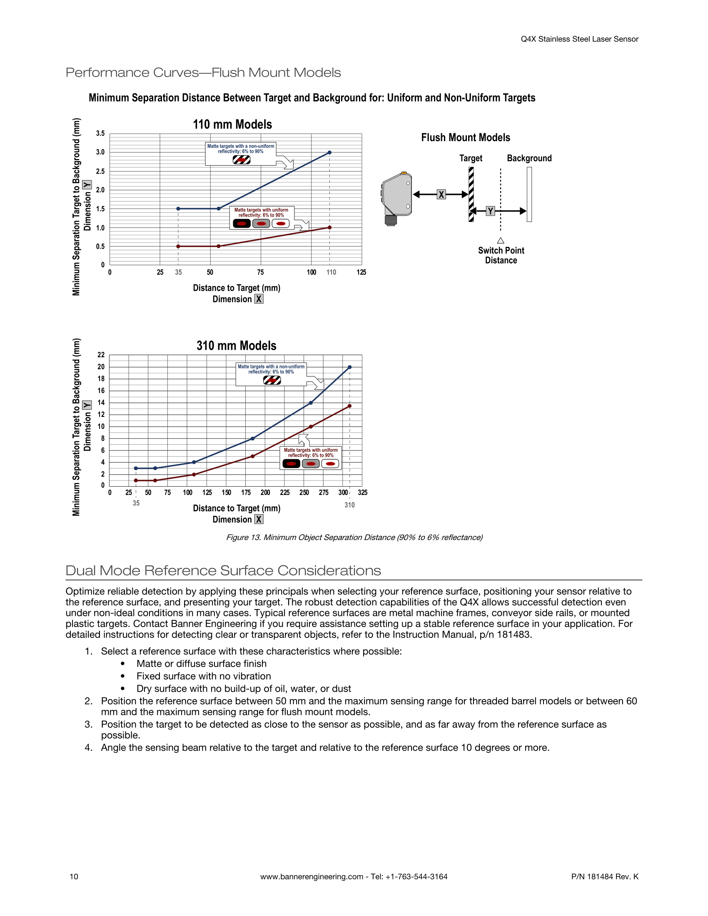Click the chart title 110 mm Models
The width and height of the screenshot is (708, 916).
click(232, 124)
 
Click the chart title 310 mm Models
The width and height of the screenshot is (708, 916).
click(237, 346)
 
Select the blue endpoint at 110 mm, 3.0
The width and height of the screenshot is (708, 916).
click(329, 153)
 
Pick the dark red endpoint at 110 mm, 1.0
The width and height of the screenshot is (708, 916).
click(329, 227)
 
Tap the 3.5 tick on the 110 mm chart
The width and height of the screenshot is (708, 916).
click(100, 133)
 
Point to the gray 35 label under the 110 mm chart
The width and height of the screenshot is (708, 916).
click(178, 272)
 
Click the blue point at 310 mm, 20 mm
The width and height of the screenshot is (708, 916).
click(349, 367)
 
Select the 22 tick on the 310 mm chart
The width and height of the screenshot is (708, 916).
click(101, 355)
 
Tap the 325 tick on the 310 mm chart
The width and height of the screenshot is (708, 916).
click(362, 493)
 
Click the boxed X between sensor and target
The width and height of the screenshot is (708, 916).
click(441, 194)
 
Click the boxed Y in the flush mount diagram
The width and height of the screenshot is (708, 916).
click(490, 211)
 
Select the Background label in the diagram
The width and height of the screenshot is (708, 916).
click(529, 158)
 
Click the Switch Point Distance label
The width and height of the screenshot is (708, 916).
click(501, 255)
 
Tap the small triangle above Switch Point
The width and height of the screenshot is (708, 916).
click(500, 240)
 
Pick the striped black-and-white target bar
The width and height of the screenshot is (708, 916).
click(471, 194)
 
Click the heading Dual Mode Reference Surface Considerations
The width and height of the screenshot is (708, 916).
click(223, 570)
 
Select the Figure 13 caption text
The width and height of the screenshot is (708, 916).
click(354, 537)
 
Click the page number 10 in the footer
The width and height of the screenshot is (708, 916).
click(74, 876)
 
